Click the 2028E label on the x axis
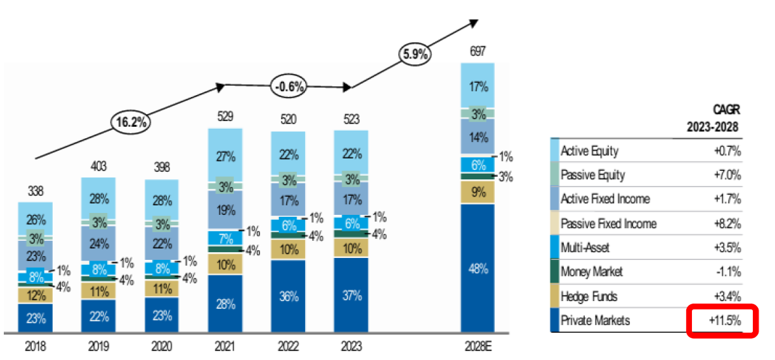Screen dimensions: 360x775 [478, 347]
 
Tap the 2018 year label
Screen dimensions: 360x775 [35, 347]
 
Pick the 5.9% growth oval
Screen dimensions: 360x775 [414, 54]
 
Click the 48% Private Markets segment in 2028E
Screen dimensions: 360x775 [478, 268]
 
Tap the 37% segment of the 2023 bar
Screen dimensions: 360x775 [351, 295]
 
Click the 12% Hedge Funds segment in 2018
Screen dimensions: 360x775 [35, 295]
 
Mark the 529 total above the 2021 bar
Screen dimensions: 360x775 [225, 117]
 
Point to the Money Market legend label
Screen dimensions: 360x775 [592, 272]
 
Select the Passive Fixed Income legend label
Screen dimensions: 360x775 [608, 224]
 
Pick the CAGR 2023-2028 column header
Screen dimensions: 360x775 [713, 119]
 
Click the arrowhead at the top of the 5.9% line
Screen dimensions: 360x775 [473, 22]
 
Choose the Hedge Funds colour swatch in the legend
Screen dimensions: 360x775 [555, 296]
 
